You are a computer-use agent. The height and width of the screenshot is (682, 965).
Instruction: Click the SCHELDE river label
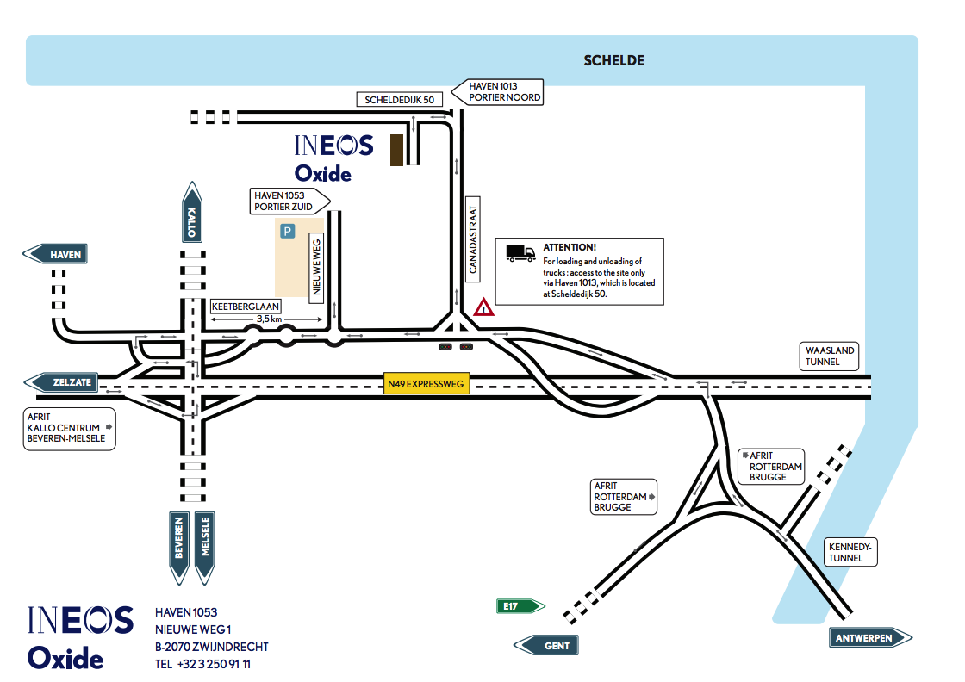[613, 60]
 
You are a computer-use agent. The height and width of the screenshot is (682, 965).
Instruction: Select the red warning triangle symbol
[483, 307]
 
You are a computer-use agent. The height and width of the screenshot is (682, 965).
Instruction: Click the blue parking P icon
[288, 231]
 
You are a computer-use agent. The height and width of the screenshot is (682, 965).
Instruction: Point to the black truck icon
[520, 253]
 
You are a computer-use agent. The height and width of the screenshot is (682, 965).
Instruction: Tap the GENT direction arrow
[547, 645]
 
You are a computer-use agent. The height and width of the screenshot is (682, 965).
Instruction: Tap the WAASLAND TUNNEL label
[830, 356]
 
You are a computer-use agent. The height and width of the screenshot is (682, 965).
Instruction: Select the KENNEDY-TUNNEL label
[850, 553]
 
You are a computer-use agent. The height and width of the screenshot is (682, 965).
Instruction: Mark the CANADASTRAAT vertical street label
[472, 236]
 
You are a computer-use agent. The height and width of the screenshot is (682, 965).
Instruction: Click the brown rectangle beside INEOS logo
[397, 150]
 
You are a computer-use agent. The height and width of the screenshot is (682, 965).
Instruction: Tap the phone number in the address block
[203, 664]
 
